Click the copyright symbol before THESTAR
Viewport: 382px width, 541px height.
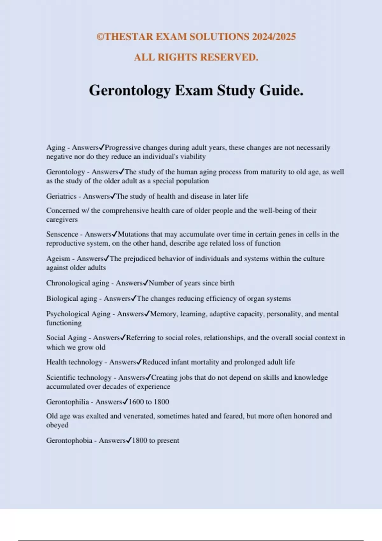[100, 37]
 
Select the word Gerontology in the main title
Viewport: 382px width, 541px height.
[130, 91]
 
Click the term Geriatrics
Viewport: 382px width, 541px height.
[61, 196]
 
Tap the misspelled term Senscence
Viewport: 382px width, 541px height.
[62, 234]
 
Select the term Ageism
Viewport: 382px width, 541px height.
[58, 259]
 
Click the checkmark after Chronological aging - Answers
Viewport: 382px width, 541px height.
[146, 283]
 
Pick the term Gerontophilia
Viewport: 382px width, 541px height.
[67, 402]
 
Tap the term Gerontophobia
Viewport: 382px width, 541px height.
[69, 441]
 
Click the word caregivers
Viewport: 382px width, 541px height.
[62, 220]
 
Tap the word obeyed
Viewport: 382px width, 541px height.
[57, 425]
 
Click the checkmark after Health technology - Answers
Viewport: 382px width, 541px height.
[139, 362]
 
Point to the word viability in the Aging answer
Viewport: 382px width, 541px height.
[193, 157]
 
